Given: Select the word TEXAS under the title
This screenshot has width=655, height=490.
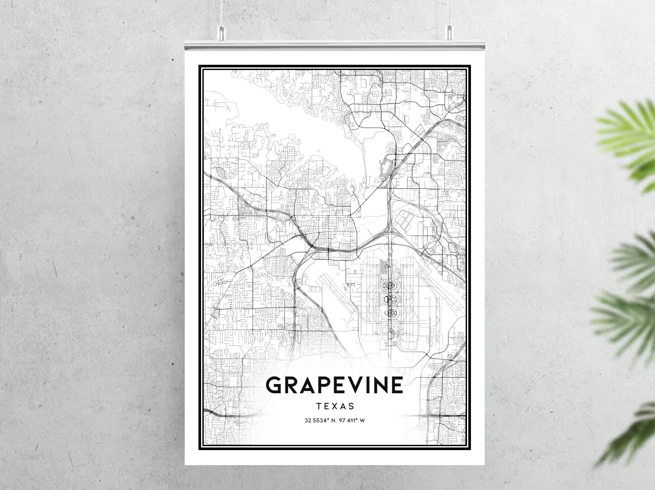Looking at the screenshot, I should coord(335,406).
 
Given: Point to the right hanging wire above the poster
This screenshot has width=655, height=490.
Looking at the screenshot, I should coord(449,13).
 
